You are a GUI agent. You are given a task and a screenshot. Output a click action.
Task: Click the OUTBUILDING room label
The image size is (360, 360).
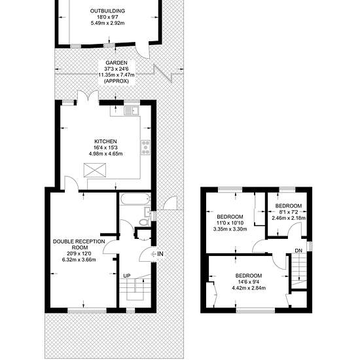pos(107,10)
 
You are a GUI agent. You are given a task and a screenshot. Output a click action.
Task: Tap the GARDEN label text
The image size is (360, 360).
pos(117,63)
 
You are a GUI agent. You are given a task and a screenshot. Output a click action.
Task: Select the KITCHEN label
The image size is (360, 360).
pos(105,141)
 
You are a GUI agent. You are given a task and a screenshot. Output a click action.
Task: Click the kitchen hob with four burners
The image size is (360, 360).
pos(145,147)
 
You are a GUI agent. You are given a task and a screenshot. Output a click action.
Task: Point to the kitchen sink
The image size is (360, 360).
pos(132,111)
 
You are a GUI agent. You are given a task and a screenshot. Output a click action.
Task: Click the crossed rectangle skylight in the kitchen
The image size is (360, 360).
pos(95,170)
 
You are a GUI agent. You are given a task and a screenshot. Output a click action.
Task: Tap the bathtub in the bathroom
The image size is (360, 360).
pos(135,199)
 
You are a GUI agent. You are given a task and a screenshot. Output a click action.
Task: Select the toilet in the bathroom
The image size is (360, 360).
pos(145,222)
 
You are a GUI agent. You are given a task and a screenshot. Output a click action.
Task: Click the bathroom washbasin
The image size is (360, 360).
pos(147,211)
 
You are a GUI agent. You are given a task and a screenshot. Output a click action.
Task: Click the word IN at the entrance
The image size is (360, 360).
pos(160,254)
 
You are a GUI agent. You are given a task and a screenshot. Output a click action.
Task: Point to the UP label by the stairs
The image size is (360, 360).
pos(127,276)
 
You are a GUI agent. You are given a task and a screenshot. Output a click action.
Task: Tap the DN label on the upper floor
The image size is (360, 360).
pos(298,251)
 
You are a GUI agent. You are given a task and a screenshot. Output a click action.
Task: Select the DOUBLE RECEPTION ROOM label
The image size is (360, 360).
pos(79,245)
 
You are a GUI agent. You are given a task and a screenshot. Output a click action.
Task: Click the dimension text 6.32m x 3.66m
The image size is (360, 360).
pos(79,260)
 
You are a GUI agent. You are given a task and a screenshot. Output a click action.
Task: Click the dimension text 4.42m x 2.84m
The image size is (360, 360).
pos(249,288)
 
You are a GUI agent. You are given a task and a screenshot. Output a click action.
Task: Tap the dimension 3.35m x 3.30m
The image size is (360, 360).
pos(230,229)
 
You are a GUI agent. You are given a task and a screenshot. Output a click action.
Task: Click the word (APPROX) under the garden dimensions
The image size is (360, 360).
pos(117,81)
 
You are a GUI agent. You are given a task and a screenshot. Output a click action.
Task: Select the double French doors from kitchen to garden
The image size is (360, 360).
pos(88,97)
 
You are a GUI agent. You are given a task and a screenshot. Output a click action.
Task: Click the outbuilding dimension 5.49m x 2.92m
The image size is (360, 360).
pos(108,23)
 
